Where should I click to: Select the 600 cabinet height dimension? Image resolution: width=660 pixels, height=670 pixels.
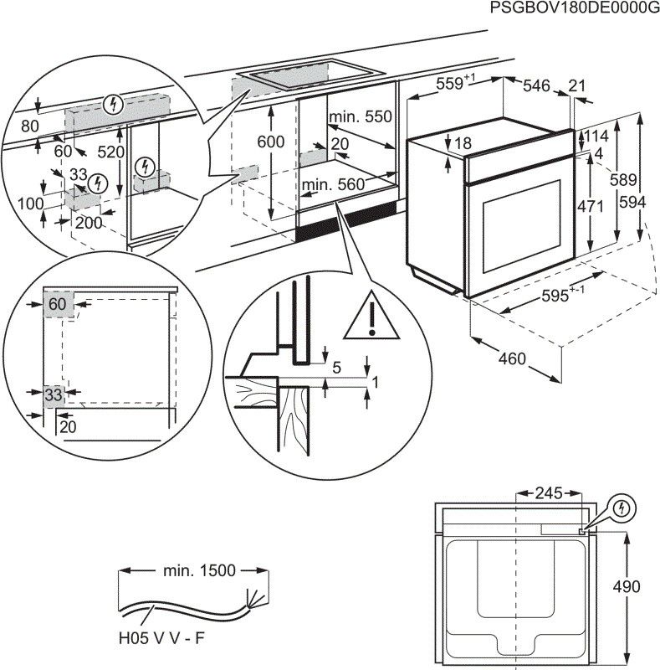click(270, 142)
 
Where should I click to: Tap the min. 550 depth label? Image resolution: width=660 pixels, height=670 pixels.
click(360, 117)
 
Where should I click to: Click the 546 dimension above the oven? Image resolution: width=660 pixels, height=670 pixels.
click(536, 85)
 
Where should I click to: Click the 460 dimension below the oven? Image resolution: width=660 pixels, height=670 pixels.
click(512, 359)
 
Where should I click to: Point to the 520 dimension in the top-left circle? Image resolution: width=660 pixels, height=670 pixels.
click(110, 152)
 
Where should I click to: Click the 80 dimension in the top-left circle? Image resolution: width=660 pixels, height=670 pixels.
click(30, 127)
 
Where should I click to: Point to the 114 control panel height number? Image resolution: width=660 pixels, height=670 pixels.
click(595, 137)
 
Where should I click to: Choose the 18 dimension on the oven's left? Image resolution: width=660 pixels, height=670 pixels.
click(462, 143)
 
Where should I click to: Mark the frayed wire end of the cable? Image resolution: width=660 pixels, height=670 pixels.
click(250, 597)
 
